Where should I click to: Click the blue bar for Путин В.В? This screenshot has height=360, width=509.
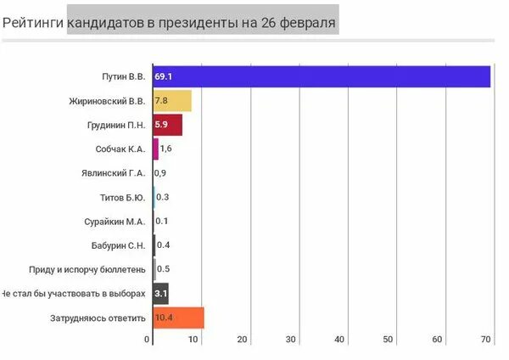(x=322, y=76)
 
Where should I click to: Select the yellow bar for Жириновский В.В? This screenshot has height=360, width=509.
(x=172, y=101)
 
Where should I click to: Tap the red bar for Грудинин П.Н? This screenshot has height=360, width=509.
(x=167, y=126)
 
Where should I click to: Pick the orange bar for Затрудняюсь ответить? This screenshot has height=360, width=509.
(x=178, y=318)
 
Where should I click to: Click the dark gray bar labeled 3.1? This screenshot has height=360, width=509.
(x=160, y=294)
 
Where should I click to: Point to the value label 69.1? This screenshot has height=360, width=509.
(x=164, y=76)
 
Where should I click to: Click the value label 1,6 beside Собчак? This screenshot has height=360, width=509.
(x=166, y=149)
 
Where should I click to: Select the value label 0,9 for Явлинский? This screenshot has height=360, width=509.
(x=160, y=173)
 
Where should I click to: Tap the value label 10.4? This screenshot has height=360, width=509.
(x=165, y=318)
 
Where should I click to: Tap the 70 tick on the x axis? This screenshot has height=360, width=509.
(x=486, y=340)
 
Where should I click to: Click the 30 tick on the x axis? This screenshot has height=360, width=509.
(x=291, y=340)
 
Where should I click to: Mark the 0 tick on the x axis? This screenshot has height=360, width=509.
(x=148, y=340)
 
